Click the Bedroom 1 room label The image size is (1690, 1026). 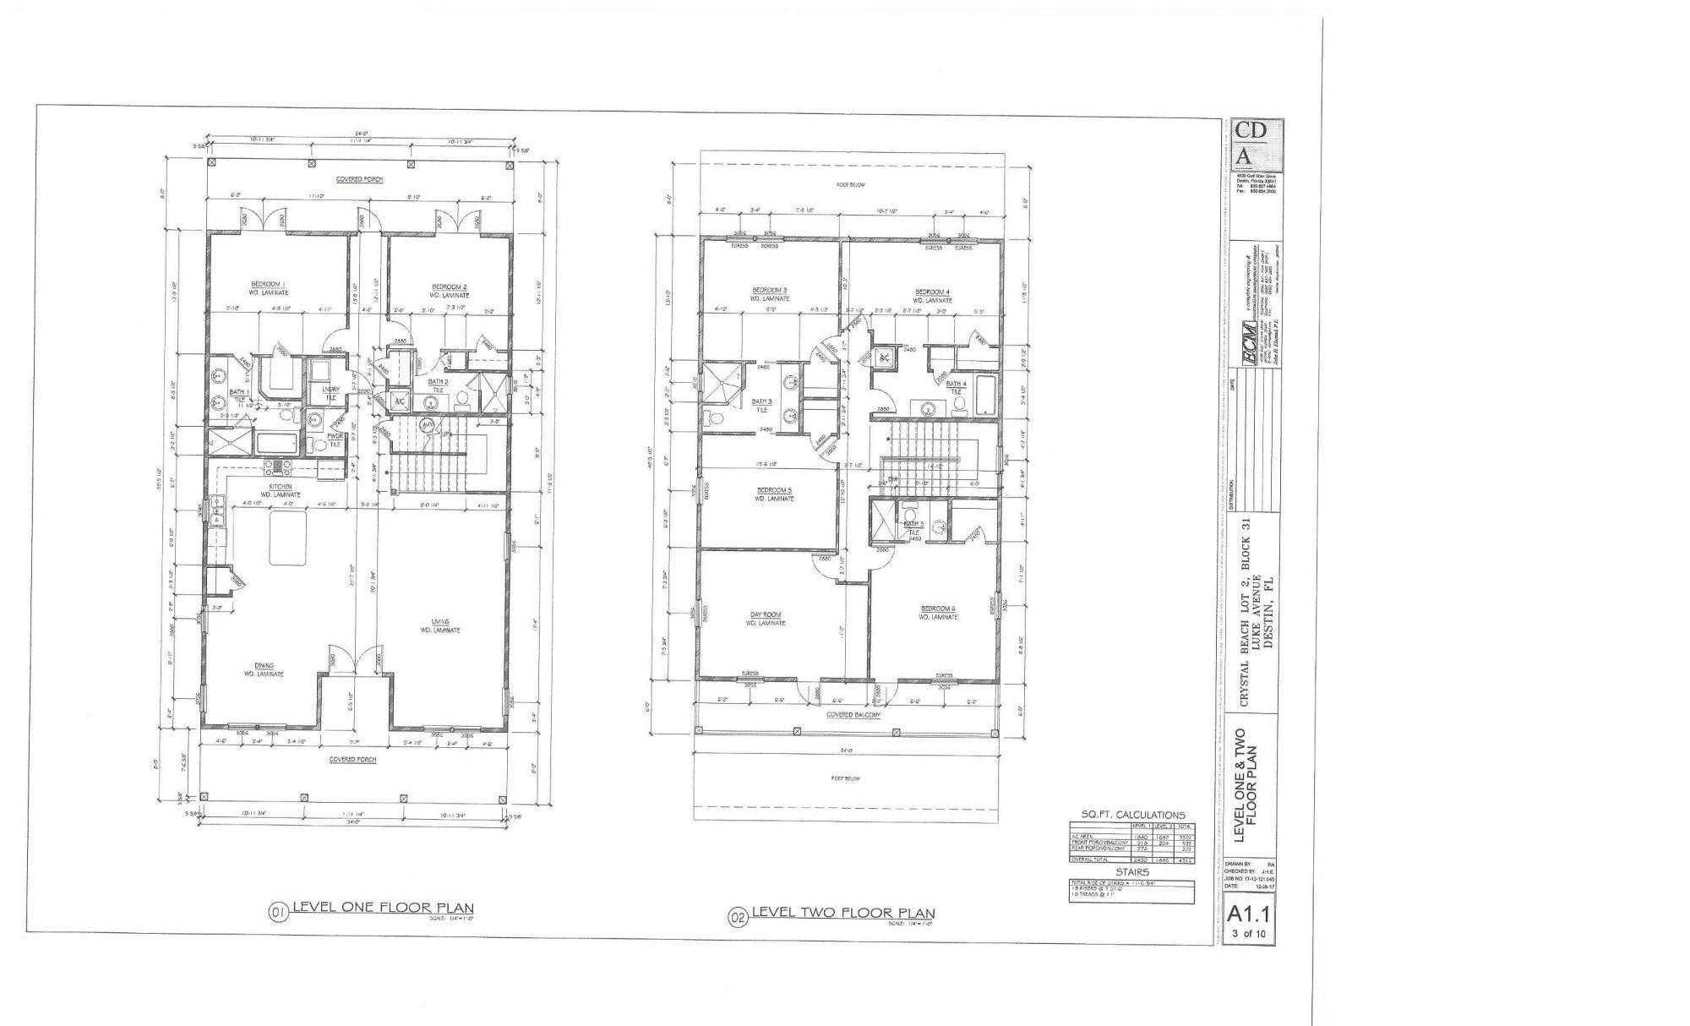click(x=268, y=284)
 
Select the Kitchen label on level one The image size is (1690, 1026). click(x=281, y=487)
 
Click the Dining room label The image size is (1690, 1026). click(x=264, y=666)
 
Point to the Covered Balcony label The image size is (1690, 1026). click(x=853, y=714)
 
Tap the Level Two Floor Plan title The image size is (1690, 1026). click(x=842, y=913)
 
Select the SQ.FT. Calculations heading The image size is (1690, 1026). click(x=1132, y=814)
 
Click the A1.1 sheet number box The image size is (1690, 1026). click(x=1248, y=914)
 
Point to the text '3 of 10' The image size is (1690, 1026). click(x=1248, y=934)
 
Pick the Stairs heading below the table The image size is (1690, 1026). click(x=1131, y=871)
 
